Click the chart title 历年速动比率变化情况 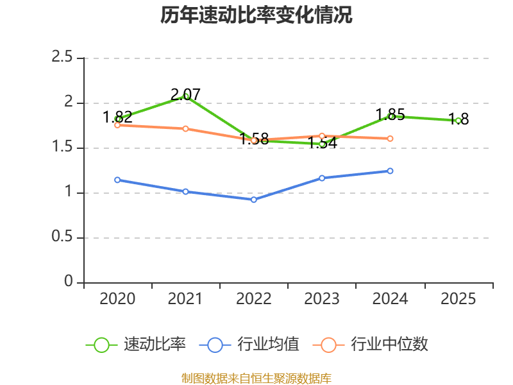(x=256, y=15)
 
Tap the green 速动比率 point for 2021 (x=186, y=96)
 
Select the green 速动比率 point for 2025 (x=458, y=121)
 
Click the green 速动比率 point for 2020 (x=117, y=119)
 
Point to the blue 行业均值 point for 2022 (x=254, y=200)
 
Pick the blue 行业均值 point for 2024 (x=390, y=171)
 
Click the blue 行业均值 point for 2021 (x=185, y=191)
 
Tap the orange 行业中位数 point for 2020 (x=117, y=125)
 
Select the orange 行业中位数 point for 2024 (x=390, y=139)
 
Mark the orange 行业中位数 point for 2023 (x=322, y=135)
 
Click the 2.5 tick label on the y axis (x=62, y=58)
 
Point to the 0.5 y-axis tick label (x=62, y=237)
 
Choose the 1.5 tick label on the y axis (x=62, y=148)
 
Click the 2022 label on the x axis (x=254, y=299)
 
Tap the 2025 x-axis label (x=458, y=299)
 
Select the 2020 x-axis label (x=117, y=299)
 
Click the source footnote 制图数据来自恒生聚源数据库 (x=256, y=378)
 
